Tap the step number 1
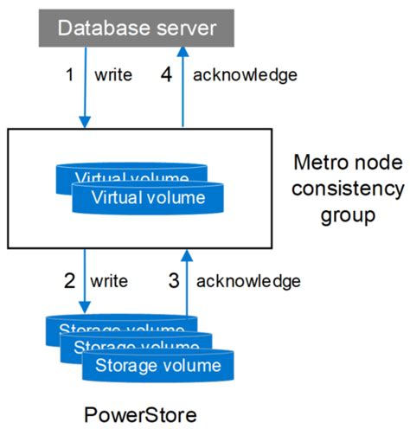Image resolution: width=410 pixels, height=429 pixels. (x=70, y=74)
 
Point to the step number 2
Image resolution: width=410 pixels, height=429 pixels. (x=70, y=281)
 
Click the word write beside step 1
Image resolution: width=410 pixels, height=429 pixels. (x=113, y=75)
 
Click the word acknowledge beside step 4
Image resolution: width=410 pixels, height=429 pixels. (x=245, y=75)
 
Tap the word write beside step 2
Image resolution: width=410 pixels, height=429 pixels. (x=110, y=281)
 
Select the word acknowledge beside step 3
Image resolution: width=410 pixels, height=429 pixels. (x=248, y=281)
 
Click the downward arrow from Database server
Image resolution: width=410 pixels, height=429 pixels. (x=85, y=86)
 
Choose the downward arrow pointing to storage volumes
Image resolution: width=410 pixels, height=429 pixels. (x=85, y=282)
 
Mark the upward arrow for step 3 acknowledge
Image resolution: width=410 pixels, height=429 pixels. (x=187, y=282)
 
